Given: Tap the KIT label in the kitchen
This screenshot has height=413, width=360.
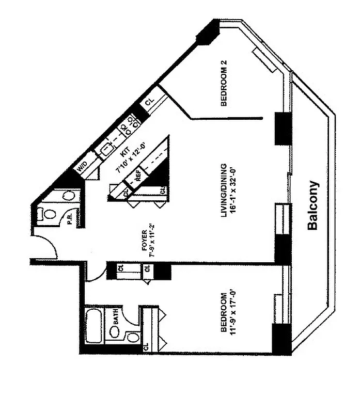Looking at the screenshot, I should point(124,152).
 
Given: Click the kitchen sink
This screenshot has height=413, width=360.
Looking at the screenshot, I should point(107,149).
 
